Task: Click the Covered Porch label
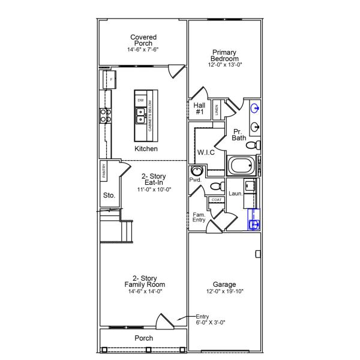[143, 41]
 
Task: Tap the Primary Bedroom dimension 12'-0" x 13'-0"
[226, 64]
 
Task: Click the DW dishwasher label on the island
[140, 100]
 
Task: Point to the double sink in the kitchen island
[140, 115]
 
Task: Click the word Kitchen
[146, 148]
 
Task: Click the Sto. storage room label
[109, 195]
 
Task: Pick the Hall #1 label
[200, 108]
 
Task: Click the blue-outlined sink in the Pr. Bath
[255, 109]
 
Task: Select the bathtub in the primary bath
[241, 165]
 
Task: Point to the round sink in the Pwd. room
[197, 172]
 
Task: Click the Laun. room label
[235, 194]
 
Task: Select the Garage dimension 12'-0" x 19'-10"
[224, 292]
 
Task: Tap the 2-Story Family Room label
[145, 284]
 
